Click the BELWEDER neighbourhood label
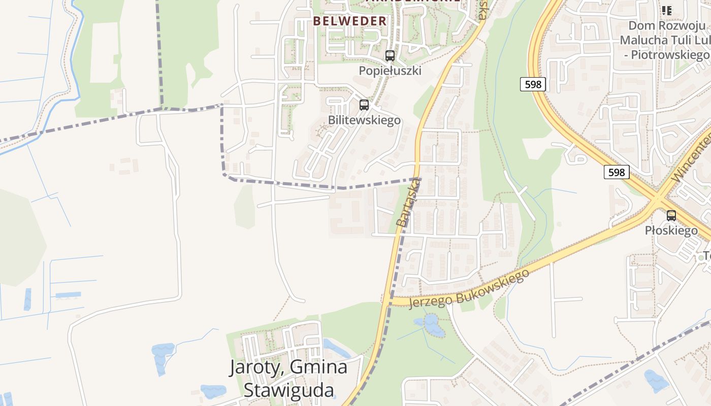click(350, 21)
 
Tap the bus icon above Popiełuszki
click(390, 56)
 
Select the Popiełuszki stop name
click(390, 71)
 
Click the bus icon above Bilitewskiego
click(364, 105)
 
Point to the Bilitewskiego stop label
click(364, 120)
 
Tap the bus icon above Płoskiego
click(671, 216)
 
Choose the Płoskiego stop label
click(671, 231)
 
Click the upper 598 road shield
click(533, 84)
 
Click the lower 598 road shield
click(616, 173)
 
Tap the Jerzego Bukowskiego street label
click(468, 289)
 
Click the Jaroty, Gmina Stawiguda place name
click(288, 379)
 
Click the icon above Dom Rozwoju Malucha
click(667, 10)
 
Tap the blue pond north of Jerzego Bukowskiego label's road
click(431, 325)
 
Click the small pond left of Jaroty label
click(163, 355)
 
